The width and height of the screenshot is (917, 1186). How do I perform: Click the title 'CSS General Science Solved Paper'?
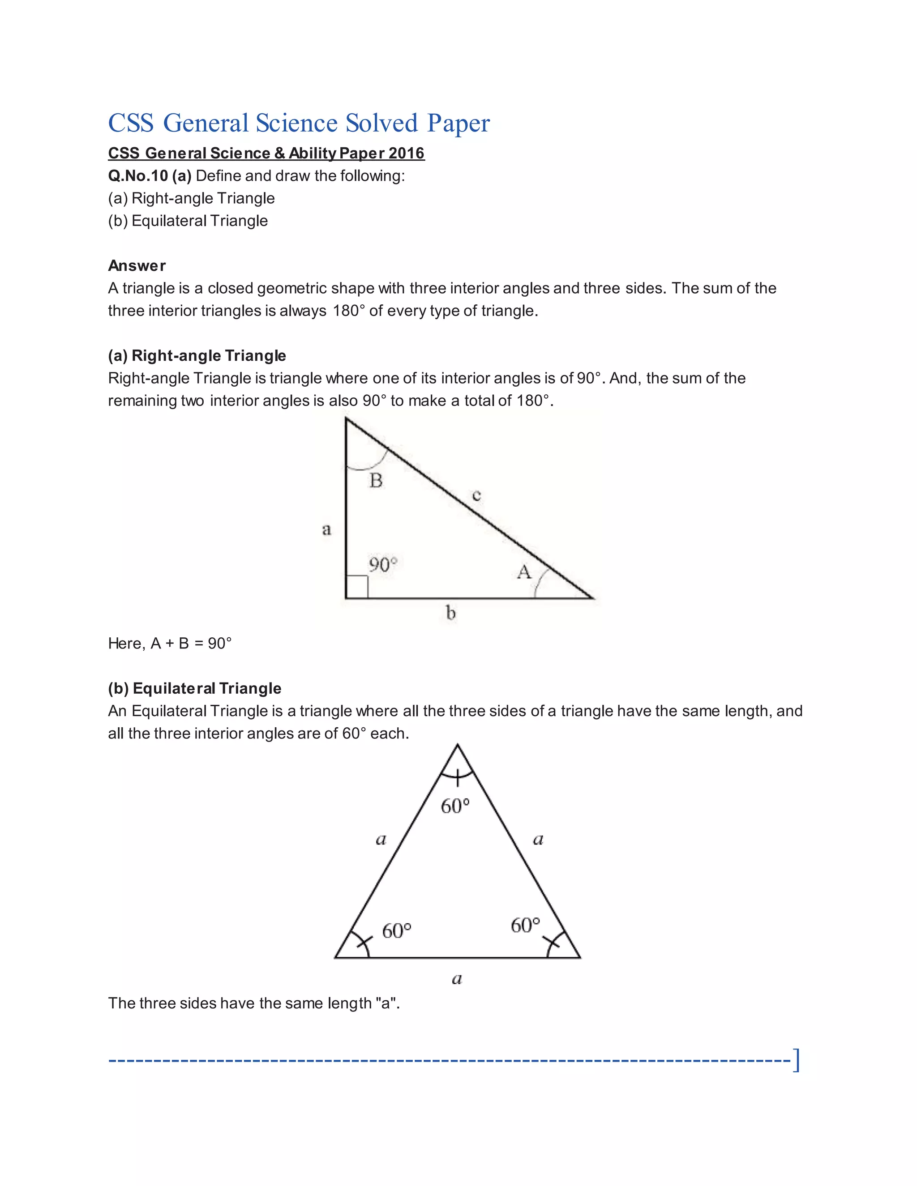[x=299, y=123]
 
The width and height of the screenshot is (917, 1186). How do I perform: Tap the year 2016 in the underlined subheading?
[x=407, y=153]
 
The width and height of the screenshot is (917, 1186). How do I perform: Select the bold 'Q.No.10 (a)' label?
[x=150, y=176]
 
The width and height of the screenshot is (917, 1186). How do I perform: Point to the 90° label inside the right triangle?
[x=383, y=565]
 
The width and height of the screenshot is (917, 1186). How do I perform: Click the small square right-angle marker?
[x=357, y=587]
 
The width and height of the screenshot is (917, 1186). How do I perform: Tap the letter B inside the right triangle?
[x=376, y=481]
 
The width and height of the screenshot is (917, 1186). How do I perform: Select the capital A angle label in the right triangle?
[x=524, y=572]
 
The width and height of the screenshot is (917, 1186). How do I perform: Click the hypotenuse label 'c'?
[x=476, y=495]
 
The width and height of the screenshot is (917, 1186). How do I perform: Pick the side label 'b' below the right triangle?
[x=450, y=613]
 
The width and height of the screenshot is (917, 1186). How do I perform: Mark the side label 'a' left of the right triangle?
[x=326, y=529]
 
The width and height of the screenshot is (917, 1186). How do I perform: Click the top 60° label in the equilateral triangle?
[x=455, y=806]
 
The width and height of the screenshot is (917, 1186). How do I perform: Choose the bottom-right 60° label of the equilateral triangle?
[x=525, y=925]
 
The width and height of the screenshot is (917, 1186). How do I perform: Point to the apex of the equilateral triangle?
[x=458, y=745]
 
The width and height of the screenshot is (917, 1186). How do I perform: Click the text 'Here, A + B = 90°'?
[x=170, y=644]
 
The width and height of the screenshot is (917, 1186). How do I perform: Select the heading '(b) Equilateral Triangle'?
[x=194, y=689]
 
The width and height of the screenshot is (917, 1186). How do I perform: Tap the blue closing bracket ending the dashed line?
[x=796, y=1059]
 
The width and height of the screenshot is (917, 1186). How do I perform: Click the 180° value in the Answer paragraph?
[x=346, y=311]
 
